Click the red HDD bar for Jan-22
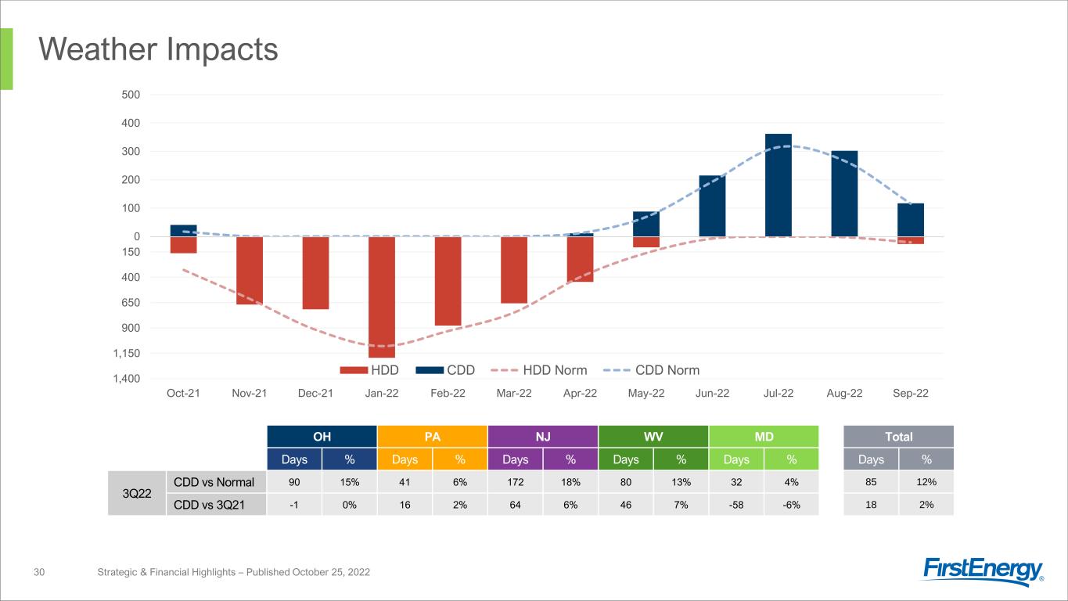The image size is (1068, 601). [x=382, y=297]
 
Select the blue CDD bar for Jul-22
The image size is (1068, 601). [x=779, y=185]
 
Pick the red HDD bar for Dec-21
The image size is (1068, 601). [x=315, y=272]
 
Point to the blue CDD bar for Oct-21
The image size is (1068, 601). [x=183, y=230]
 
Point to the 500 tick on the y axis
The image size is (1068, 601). [x=130, y=95]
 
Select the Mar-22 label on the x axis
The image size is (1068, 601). [x=514, y=393]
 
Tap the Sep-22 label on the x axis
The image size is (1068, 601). [x=911, y=393]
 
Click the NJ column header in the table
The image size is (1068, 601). [x=542, y=436]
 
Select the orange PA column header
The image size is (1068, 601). [x=432, y=436]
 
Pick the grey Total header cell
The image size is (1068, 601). [x=898, y=436]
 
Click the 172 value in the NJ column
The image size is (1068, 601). [x=515, y=482]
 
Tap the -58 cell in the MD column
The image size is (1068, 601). [x=736, y=505]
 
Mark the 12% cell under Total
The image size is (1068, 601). [x=926, y=482]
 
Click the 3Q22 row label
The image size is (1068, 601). [x=136, y=493]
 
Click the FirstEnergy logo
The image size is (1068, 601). [x=983, y=570]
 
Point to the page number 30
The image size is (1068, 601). [x=38, y=573]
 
